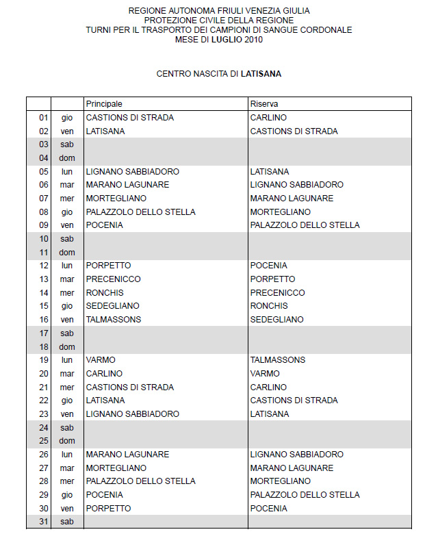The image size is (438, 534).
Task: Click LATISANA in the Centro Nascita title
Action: coord(261,73)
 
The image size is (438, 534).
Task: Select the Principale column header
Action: coord(104,104)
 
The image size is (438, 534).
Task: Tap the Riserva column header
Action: coord(263,104)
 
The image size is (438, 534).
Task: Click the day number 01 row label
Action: coord(44,118)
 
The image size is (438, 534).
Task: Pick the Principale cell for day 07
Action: coord(116,199)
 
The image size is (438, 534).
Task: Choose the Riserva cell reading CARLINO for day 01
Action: coord(268,118)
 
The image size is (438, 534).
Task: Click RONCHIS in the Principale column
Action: coord(105,293)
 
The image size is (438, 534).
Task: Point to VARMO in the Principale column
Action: coord(101,360)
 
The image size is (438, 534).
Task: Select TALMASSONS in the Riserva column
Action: coord(278,360)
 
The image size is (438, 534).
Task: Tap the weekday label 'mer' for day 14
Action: coord(67,293)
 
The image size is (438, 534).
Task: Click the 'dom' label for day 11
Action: coord(67,253)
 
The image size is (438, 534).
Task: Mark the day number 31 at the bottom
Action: coord(44,522)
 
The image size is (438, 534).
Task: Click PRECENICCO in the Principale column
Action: coord(113,279)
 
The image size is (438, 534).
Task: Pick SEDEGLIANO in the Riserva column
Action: coord(277,320)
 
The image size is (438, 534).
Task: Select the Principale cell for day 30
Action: coord(108,509)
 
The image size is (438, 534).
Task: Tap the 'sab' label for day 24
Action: coord(67,427)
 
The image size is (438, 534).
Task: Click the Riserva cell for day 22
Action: coord(294,400)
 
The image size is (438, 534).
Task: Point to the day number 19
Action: coord(44,360)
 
